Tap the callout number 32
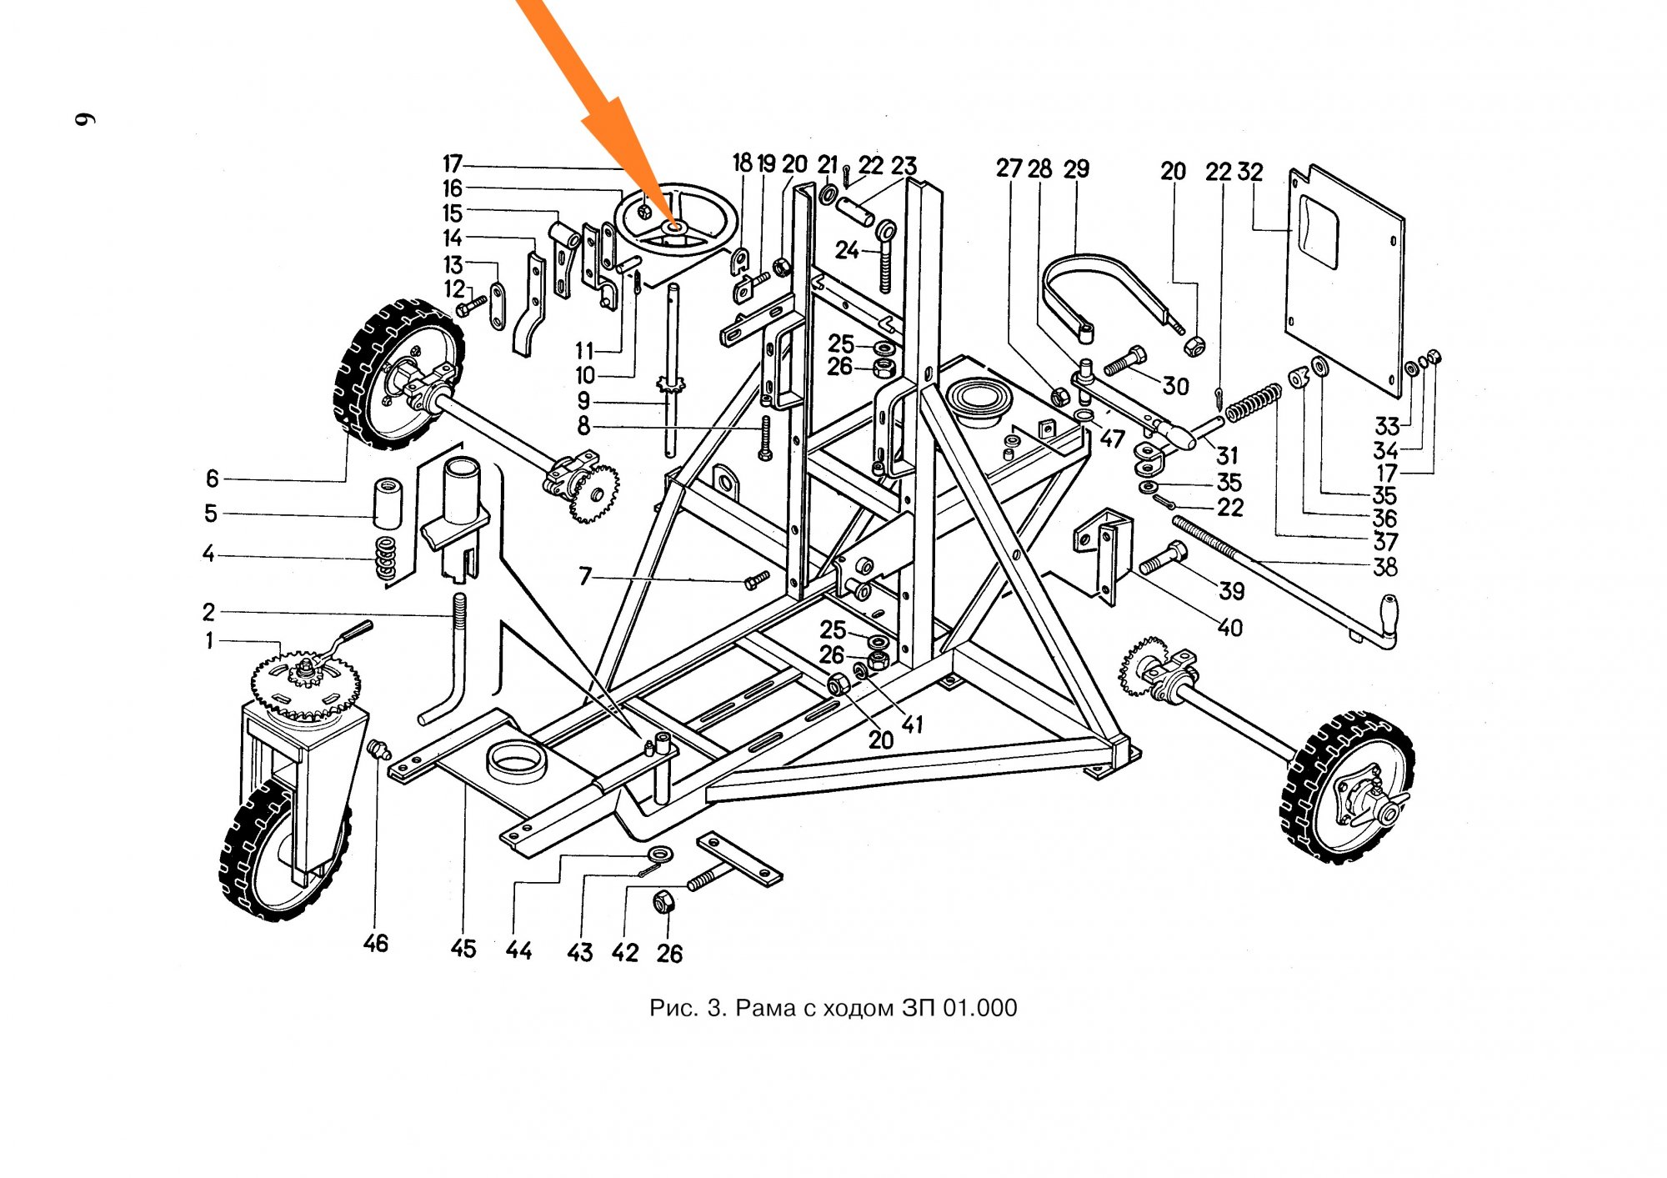point(1250,172)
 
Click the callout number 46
point(376,943)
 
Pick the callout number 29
point(1076,169)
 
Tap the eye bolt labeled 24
point(885,254)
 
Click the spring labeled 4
point(385,559)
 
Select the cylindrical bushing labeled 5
point(386,503)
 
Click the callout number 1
point(209,640)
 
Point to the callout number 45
point(463,948)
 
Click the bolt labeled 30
point(1124,362)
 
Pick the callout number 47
point(1112,438)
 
